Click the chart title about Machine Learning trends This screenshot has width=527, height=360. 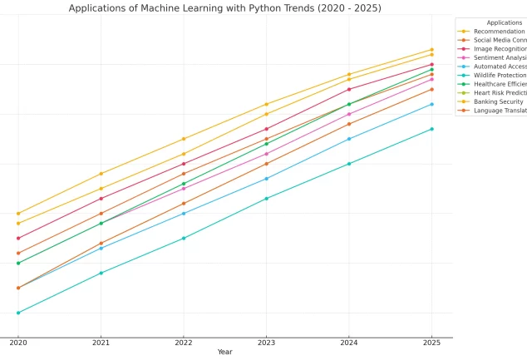[x=225, y=8]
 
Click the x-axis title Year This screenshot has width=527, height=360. [x=225, y=352]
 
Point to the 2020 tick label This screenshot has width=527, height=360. [x=18, y=343]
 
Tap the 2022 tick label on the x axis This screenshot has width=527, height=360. [x=184, y=343]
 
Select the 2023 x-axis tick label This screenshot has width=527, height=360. [x=266, y=343]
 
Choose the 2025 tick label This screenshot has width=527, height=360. [x=431, y=343]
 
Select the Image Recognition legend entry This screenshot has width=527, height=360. [x=500, y=49]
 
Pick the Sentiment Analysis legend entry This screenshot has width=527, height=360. [x=500, y=58]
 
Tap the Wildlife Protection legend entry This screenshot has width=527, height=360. [x=500, y=76]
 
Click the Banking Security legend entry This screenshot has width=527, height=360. [x=500, y=101]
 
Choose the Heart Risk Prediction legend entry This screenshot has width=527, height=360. [x=500, y=93]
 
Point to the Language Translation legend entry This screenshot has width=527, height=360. [x=500, y=111]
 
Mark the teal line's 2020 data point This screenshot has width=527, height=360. [x=18, y=313]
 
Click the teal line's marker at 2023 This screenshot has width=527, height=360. [x=266, y=199]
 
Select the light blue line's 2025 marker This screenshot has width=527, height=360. [x=431, y=104]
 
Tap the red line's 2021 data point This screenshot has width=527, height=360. [x=101, y=199]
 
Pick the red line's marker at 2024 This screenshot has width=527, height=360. [x=349, y=89]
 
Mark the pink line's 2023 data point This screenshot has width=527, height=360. [x=266, y=154]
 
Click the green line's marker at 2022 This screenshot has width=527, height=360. [x=184, y=184]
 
